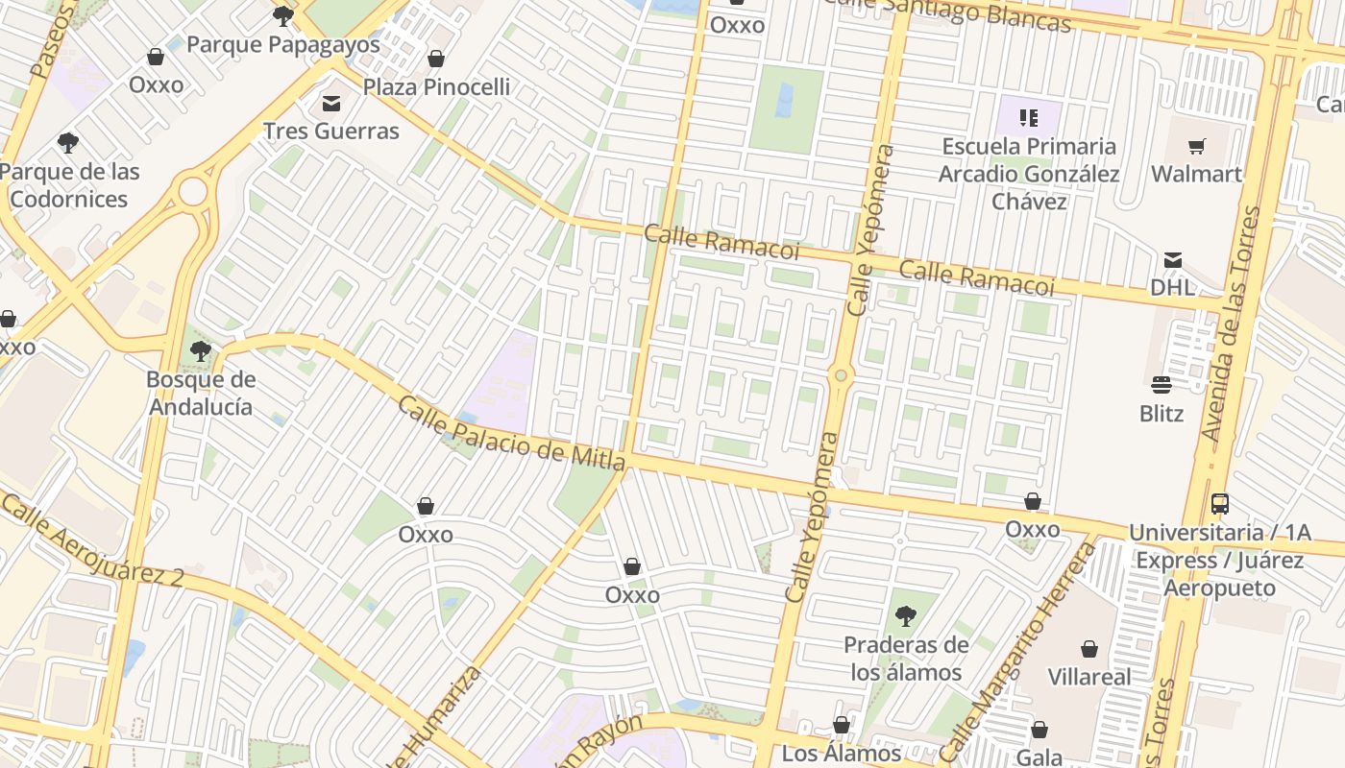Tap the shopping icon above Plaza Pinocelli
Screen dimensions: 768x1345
(x=436, y=60)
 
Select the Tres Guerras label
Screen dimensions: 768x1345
(x=331, y=131)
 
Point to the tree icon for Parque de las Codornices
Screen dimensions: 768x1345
(x=68, y=143)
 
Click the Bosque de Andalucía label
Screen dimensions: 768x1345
(x=200, y=393)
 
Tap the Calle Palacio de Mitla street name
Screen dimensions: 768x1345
(x=511, y=434)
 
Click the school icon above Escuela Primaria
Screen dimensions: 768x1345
(x=1029, y=118)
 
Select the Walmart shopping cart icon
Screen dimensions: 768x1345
(x=1196, y=147)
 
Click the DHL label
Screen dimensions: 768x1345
(x=1173, y=287)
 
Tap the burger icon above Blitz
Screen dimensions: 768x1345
(x=1162, y=386)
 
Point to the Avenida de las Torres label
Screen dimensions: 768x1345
(x=1231, y=324)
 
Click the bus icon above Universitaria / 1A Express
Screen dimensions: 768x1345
(x=1219, y=503)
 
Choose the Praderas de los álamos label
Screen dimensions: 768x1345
(x=905, y=659)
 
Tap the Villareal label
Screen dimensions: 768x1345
(x=1089, y=677)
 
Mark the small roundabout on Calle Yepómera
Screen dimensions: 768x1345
(x=842, y=375)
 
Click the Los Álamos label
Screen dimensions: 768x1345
(x=842, y=754)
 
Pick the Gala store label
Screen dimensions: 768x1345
(x=1039, y=757)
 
